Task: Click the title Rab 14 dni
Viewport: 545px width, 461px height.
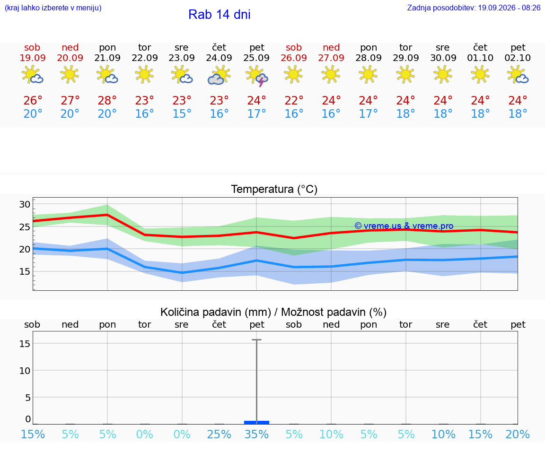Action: [x=220, y=15]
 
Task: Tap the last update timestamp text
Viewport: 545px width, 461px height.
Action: [x=474, y=8]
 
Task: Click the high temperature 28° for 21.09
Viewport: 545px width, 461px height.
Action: [x=107, y=100]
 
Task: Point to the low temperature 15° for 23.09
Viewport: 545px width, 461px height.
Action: [x=182, y=113]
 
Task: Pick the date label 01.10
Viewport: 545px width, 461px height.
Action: [x=480, y=58]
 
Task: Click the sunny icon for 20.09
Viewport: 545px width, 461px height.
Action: [x=70, y=74]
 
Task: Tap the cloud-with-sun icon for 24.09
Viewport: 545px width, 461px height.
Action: [x=219, y=75]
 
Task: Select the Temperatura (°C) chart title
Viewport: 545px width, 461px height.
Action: [x=274, y=189]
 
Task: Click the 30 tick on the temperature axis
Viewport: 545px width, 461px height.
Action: [x=25, y=204]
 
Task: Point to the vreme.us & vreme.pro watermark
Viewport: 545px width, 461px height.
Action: [x=404, y=226]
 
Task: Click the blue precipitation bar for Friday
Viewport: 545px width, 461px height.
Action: [x=256, y=422]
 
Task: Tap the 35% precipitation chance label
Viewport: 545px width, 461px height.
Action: [x=256, y=434]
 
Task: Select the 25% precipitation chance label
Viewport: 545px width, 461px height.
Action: [x=219, y=434]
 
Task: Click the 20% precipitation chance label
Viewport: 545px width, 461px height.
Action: [x=518, y=434]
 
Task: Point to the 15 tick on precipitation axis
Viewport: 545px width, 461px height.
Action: [x=25, y=344]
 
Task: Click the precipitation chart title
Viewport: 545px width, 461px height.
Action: [x=273, y=312]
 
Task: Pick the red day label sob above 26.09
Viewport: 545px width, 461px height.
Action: [x=294, y=47]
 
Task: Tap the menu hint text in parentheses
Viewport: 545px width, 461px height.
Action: [x=53, y=8]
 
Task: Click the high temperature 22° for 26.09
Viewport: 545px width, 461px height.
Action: [x=294, y=100]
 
